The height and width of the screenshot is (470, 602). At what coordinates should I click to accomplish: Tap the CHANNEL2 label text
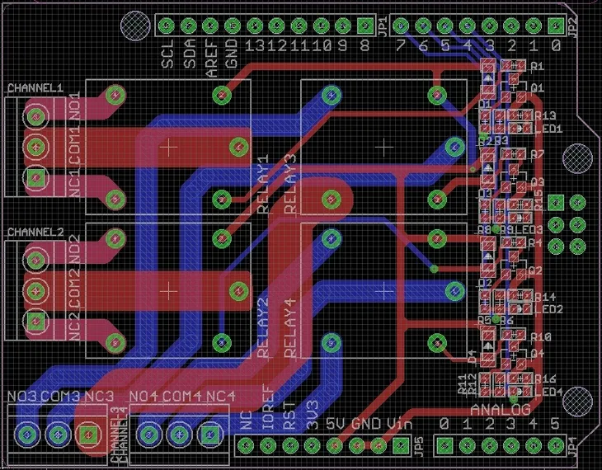pos(34,232)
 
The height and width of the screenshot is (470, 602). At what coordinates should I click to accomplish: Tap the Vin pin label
pos(399,425)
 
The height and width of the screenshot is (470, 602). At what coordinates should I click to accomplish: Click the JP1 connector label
pos(383,30)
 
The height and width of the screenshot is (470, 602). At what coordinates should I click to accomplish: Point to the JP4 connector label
pos(572,446)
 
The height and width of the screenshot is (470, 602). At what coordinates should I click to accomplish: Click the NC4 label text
pos(221,397)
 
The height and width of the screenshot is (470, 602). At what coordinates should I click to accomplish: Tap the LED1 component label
pos(549,129)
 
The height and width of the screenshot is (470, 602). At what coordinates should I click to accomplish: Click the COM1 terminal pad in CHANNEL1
pos(35,147)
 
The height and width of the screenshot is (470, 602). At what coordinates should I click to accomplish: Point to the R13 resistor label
pos(545,115)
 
